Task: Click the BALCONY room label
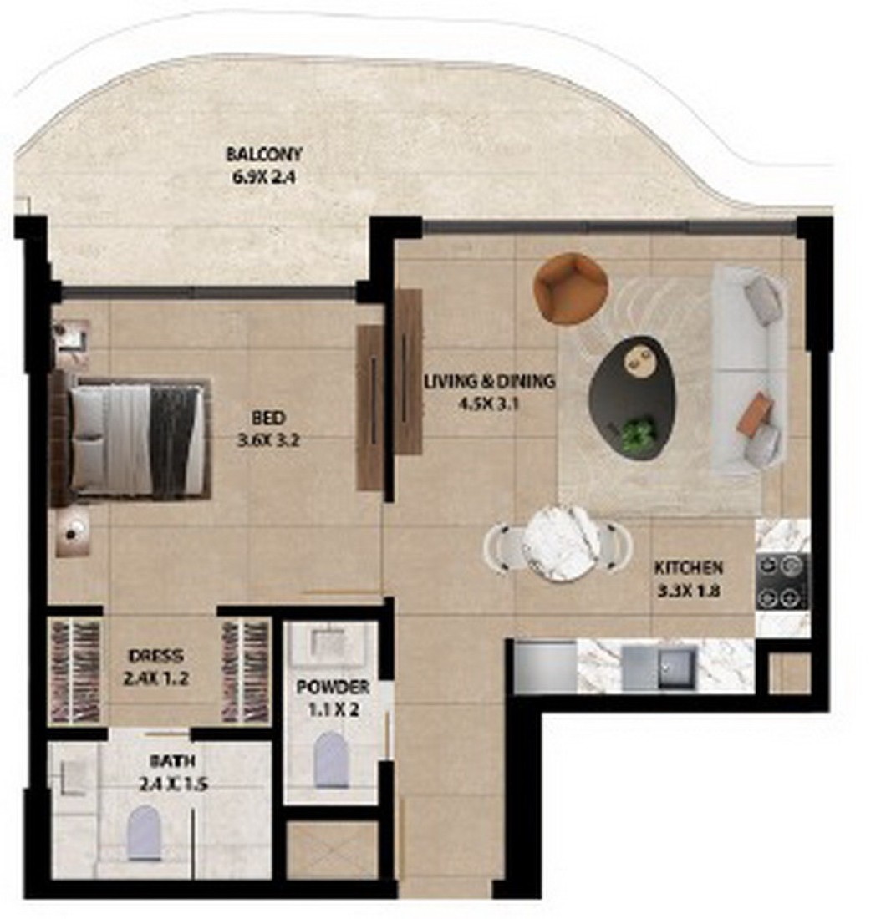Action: (264, 155)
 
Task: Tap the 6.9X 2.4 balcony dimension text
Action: (264, 176)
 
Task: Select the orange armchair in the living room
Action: (570, 287)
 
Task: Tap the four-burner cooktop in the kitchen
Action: (782, 581)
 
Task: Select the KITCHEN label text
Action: (689, 567)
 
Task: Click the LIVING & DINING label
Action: (490, 382)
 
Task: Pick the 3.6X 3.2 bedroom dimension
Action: (268, 440)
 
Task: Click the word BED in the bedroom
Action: (268, 418)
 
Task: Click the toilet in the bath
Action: (145, 832)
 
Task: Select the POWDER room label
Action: (333, 687)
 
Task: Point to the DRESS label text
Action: (156, 656)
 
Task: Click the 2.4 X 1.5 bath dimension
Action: (174, 784)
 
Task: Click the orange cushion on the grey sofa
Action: (752, 414)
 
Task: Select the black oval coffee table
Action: (632, 396)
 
